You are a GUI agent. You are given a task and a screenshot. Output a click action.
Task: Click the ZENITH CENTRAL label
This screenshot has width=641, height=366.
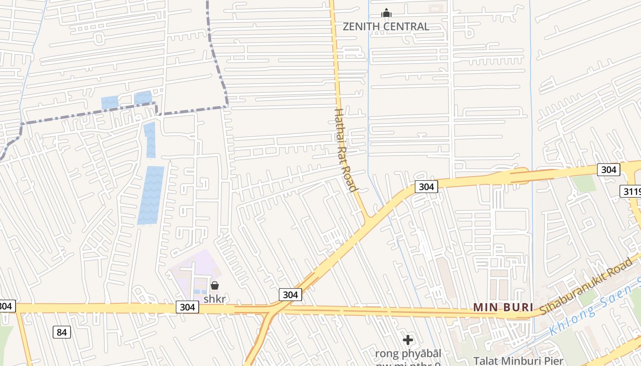coord(386,27)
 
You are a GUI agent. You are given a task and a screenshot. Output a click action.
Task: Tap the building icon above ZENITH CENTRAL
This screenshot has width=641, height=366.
coord(386,13)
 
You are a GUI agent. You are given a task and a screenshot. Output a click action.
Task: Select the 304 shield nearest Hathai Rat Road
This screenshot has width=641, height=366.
coord(426,186)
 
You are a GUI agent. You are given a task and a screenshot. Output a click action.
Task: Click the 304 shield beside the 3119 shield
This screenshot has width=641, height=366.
coord(608,170)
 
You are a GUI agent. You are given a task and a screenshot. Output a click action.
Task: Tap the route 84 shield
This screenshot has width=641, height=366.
coord(62,332)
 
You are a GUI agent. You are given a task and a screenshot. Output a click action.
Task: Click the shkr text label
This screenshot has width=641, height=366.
coord(215,299)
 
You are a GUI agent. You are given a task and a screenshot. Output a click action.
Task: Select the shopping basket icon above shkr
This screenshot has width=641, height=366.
coord(214,286)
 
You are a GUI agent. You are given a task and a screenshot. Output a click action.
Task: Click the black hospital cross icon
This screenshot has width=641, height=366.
coord(407,340)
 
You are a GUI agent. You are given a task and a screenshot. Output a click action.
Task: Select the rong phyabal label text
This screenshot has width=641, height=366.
coord(408,354)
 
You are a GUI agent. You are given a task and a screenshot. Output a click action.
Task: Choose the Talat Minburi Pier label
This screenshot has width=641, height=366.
coord(518,361)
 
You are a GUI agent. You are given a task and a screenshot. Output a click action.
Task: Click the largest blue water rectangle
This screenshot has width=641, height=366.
coord(151,195)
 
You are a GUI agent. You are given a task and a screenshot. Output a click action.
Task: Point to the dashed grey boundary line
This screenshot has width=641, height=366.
coord(192,110)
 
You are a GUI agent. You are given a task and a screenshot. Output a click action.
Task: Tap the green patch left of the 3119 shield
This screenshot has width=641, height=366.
coord(584,183)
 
